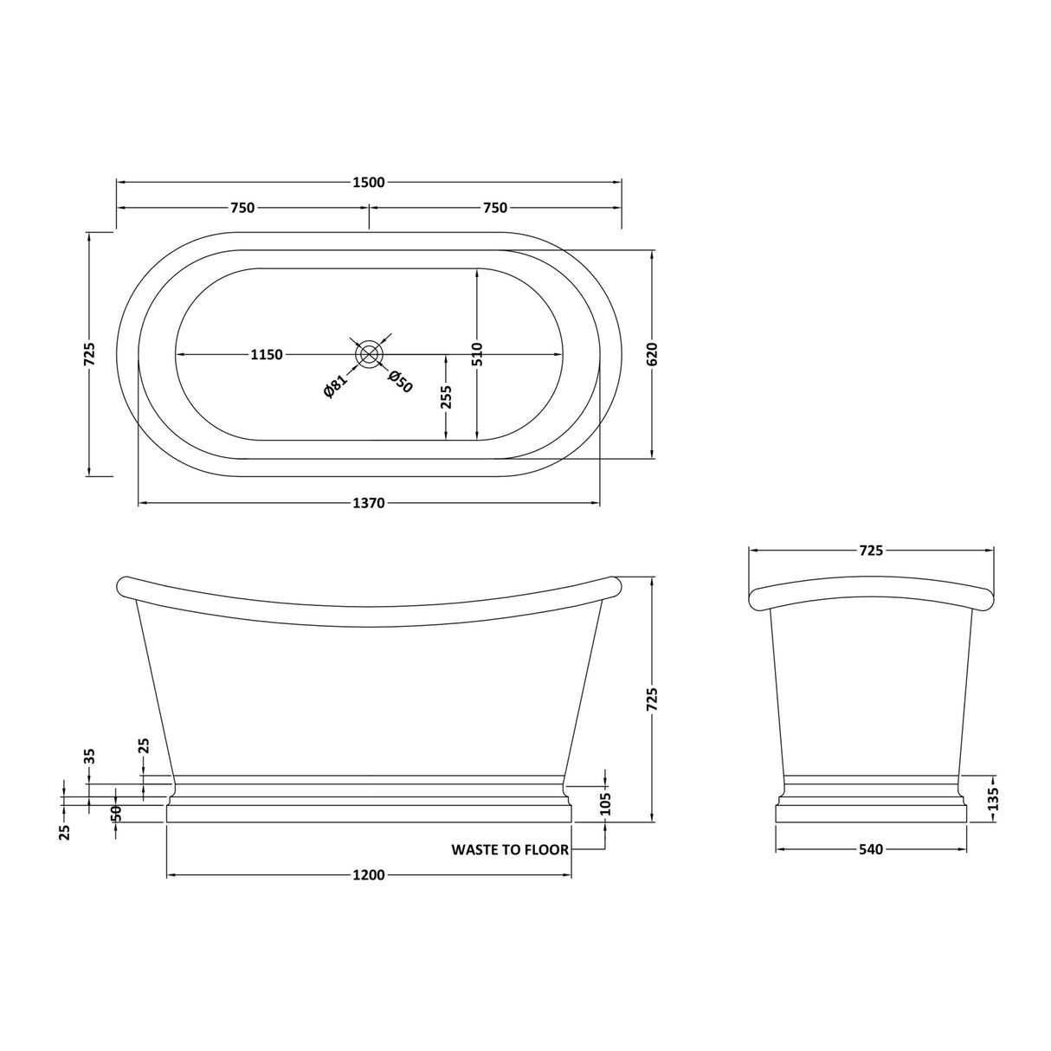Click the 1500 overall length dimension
point(369,182)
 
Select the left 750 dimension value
point(242,208)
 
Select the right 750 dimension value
point(495,208)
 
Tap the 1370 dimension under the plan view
point(369,503)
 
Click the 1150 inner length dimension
point(267,355)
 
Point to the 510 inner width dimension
point(477,354)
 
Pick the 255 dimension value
point(446,397)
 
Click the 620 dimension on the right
point(653,354)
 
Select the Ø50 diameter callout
point(400,381)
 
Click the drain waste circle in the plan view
point(370,354)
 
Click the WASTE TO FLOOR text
point(510,850)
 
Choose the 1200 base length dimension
point(369,875)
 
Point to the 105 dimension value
point(605,803)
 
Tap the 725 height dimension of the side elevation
point(653,700)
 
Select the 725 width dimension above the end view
point(871,551)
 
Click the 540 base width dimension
point(871,850)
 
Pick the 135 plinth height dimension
point(993,797)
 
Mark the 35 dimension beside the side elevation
point(89,756)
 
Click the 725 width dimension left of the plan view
point(89,354)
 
